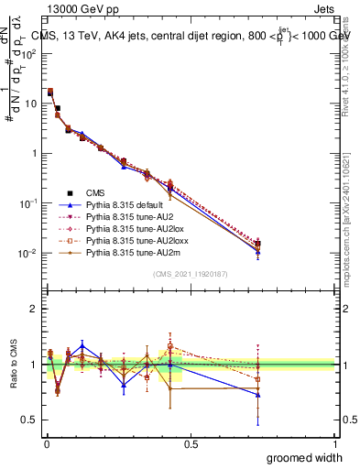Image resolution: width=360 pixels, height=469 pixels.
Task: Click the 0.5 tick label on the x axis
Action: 191,443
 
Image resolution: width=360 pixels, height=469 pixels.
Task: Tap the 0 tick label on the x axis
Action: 46,443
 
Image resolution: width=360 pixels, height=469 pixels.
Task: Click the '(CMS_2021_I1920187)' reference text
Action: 190,274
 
